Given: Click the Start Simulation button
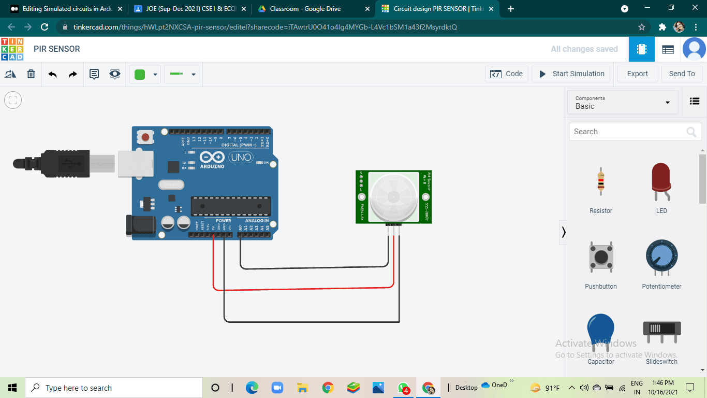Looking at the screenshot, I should [571, 74].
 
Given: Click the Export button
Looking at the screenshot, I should [637, 74].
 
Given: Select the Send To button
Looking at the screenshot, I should [682, 74].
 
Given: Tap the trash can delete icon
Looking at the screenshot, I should [31, 74].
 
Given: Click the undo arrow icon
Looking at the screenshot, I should [52, 74].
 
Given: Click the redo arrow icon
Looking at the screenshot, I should [73, 74].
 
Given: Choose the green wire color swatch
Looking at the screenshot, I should [140, 74].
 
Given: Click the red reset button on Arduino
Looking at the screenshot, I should [145, 137].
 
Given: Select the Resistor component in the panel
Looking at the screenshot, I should [600, 181].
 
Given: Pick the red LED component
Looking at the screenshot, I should [661, 181].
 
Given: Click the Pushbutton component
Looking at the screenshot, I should [600, 257].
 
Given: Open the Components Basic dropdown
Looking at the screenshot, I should [623, 103].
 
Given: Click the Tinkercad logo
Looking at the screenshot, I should [12, 49].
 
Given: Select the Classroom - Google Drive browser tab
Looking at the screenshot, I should [311, 9].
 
